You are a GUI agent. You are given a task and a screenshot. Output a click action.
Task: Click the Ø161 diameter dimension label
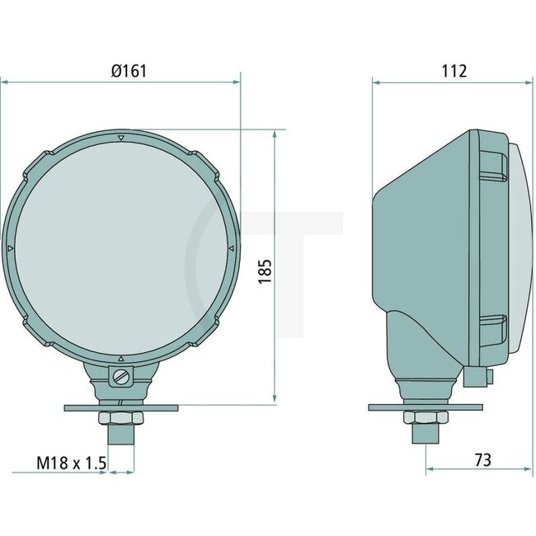[x=128, y=71]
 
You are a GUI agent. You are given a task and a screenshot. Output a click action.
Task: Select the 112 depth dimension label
[x=453, y=71]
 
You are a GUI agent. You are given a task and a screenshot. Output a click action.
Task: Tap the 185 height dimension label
[x=264, y=270]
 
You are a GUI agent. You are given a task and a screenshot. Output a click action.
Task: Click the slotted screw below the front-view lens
[x=121, y=378]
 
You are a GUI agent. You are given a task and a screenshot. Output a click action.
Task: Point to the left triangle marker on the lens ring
[x=10, y=247]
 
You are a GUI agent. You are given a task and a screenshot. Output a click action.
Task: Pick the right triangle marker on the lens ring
[x=231, y=247]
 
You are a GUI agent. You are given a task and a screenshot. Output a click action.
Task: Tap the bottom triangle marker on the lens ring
[x=121, y=358]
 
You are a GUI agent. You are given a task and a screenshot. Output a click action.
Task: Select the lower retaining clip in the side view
[x=491, y=328]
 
